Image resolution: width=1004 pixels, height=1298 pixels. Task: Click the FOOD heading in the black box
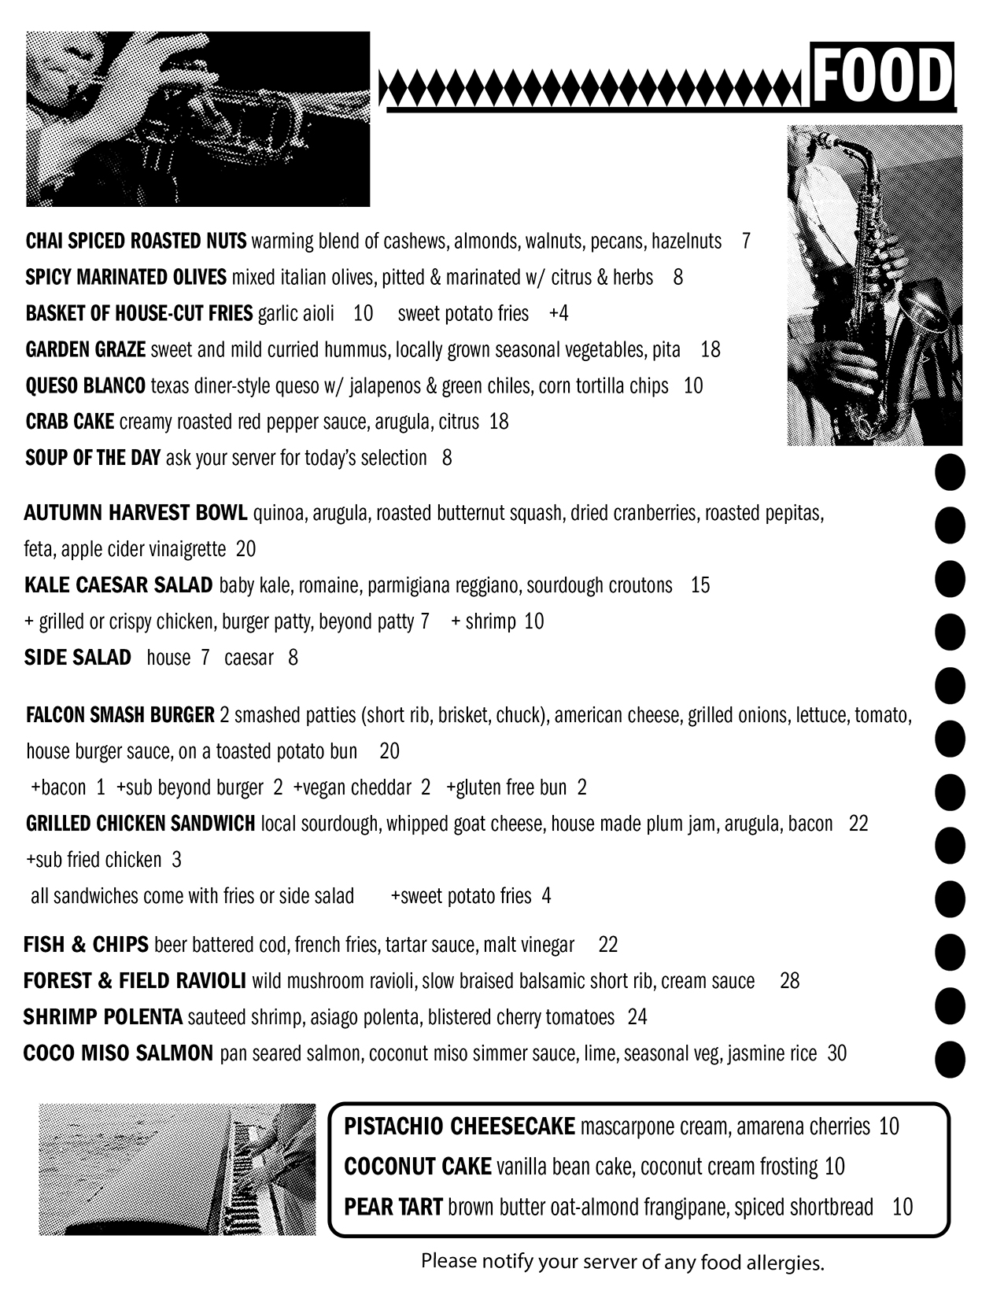(x=882, y=77)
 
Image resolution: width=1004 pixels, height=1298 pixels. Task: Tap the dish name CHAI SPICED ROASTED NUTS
(x=136, y=241)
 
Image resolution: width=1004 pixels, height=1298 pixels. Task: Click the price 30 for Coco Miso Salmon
(x=837, y=1053)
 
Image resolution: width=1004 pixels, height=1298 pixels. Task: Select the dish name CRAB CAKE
(x=70, y=422)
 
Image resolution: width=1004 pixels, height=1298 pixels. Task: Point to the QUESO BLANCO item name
(x=85, y=385)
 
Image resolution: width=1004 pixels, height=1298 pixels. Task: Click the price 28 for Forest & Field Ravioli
(x=789, y=981)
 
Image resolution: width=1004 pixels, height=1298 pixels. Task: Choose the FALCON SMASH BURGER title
(x=120, y=715)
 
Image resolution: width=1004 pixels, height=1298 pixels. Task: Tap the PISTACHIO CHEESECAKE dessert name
(x=460, y=1127)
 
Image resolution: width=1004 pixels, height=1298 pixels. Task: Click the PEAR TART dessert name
(x=393, y=1207)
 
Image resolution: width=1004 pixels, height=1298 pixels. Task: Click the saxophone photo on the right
(x=874, y=285)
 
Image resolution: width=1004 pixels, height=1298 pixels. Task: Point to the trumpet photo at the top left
(x=197, y=118)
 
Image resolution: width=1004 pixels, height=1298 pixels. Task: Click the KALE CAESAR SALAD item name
(x=118, y=585)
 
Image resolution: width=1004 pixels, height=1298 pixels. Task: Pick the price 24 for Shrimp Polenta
(x=637, y=1017)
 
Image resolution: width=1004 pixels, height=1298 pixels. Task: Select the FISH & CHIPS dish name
(x=86, y=945)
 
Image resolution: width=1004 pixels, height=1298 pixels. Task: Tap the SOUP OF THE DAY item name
(x=93, y=458)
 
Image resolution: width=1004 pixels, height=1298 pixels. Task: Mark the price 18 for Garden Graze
(x=710, y=349)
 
